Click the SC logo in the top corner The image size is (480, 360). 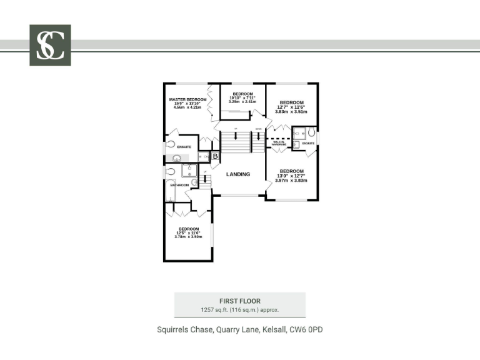tap(50, 45)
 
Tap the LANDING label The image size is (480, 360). tap(238, 174)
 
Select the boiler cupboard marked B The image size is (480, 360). tap(214, 156)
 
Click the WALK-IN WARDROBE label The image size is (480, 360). tap(279, 143)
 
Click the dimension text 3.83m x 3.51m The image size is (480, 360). tap(291, 112)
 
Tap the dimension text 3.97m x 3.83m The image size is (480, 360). tap(291, 181)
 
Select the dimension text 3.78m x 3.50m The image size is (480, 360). tap(188, 237)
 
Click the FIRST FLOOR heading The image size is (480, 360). tap(240, 301)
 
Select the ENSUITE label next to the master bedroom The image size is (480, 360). tap(184, 147)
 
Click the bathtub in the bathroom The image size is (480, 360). tap(171, 189)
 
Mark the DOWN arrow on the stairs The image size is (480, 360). tap(258, 130)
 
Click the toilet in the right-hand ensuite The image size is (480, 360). tap(312, 132)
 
